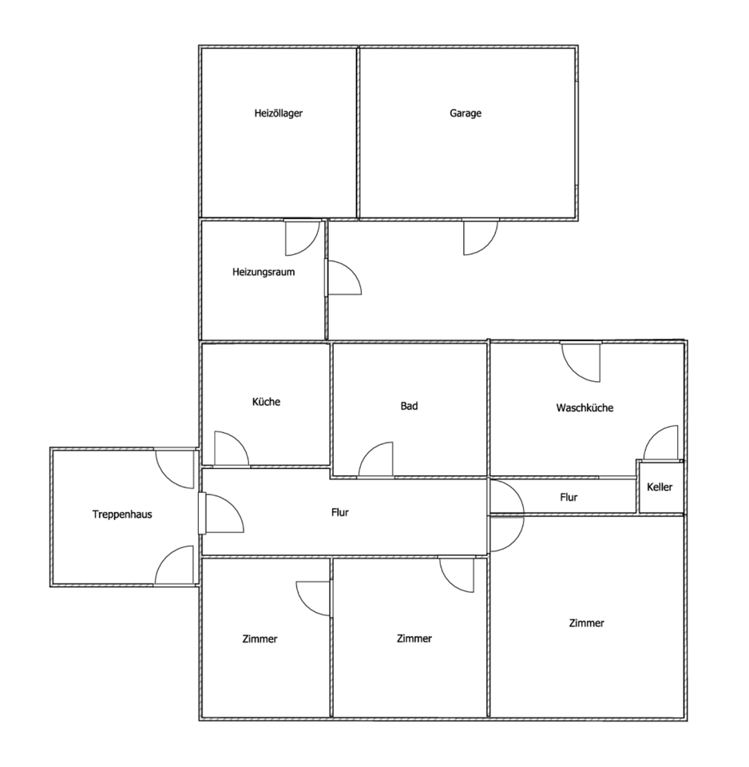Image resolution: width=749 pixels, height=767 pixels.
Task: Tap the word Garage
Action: [466, 113]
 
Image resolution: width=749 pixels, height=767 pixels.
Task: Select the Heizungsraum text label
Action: [264, 272]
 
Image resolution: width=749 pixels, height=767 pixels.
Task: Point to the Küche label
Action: [266, 402]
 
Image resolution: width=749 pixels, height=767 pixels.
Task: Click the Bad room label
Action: [409, 406]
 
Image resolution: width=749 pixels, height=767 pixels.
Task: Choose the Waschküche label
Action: [585, 407]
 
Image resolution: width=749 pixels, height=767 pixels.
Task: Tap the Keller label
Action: [660, 487]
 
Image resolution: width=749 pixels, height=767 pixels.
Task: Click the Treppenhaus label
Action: [122, 515]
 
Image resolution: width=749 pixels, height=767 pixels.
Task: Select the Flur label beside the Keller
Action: [569, 497]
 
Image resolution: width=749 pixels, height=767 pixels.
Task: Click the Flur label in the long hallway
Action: [340, 512]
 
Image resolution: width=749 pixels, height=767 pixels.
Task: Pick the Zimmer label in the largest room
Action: [587, 623]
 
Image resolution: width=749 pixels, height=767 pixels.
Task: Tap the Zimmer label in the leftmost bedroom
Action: [260, 638]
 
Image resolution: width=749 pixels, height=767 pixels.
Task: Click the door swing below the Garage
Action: [479, 237]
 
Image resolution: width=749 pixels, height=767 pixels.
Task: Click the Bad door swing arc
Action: [376, 460]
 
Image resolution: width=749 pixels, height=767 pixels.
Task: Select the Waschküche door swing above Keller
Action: [661, 443]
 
